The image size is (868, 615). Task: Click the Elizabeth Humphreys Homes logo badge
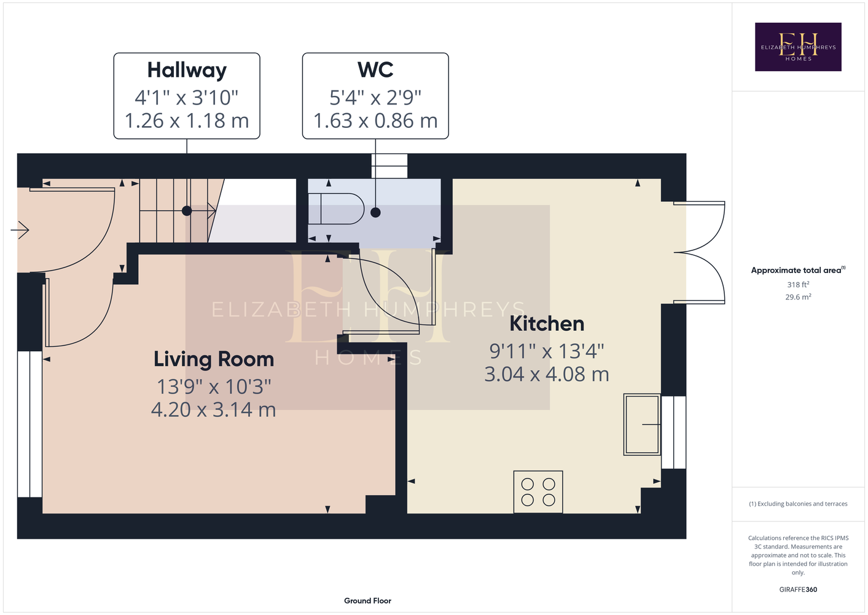click(798, 47)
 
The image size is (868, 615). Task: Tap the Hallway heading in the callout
click(187, 70)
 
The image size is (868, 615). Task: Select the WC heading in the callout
click(375, 70)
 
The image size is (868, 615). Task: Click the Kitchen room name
click(547, 323)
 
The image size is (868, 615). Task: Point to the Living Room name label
click(214, 359)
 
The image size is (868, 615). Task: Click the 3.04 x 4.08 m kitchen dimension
click(547, 375)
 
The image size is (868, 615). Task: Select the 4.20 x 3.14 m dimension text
click(214, 410)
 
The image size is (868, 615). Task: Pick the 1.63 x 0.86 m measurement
click(375, 121)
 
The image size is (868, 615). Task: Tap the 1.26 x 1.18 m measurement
click(187, 121)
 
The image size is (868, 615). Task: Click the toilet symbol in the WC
click(337, 208)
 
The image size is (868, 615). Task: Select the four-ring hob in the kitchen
click(538, 492)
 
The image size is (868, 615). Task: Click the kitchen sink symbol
click(642, 424)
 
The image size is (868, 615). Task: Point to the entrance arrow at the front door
click(20, 230)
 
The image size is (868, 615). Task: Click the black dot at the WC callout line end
click(375, 212)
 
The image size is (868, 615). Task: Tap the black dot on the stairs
click(187, 211)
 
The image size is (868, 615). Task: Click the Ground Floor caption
click(368, 601)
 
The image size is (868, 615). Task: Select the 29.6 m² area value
click(798, 297)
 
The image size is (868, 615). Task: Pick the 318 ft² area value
click(798, 284)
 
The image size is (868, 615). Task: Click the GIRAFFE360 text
click(798, 589)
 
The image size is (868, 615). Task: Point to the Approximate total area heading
click(798, 270)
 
